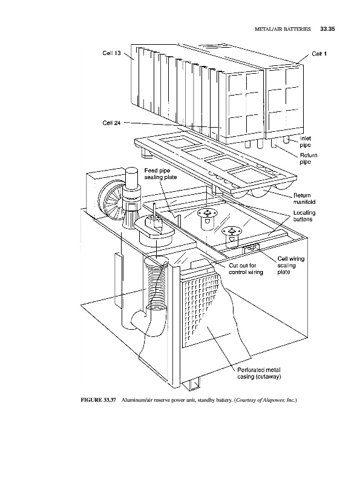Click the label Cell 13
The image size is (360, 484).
pyautogui.click(x=111, y=53)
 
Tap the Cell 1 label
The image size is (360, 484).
pyautogui.click(x=319, y=54)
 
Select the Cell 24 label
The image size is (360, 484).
pyautogui.click(x=111, y=123)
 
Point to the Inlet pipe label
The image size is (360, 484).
pyautogui.click(x=306, y=142)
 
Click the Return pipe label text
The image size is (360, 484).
pyautogui.click(x=309, y=159)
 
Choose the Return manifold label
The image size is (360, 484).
pyautogui.click(x=304, y=198)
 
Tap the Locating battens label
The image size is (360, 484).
pyautogui.click(x=304, y=216)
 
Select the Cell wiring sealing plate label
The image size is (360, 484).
pyautogui.click(x=291, y=265)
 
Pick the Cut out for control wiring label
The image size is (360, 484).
pyautogui.click(x=246, y=269)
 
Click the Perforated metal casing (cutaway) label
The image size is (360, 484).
pyautogui.click(x=259, y=373)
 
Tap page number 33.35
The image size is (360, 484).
pyautogui.click(x=327, y=29)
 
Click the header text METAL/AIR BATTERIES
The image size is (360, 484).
pyautogui.click(x=283, y=29)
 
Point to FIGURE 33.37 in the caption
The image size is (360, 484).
pyautogui.click(x=98, y=400)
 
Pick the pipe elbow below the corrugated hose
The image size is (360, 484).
pyautogui.click(x=148, y=321)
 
